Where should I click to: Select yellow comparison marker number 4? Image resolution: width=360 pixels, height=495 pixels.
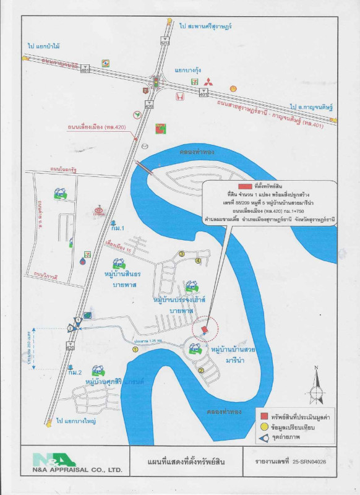[198, 260]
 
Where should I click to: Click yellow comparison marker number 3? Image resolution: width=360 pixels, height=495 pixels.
[181, 253]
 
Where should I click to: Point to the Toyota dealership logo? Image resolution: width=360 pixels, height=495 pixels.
[98, 211]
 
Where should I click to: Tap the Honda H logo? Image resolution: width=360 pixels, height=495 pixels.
[179, 97]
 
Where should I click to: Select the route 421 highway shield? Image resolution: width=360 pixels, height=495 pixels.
[164, 43]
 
